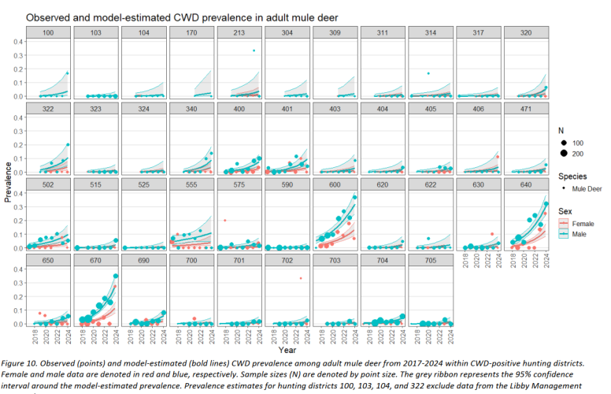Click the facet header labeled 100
click(48, 32)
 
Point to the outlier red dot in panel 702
click(300, 278)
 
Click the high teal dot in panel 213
click(254, 51)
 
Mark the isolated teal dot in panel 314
click(428, 73)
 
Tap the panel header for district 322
click(48, 107)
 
